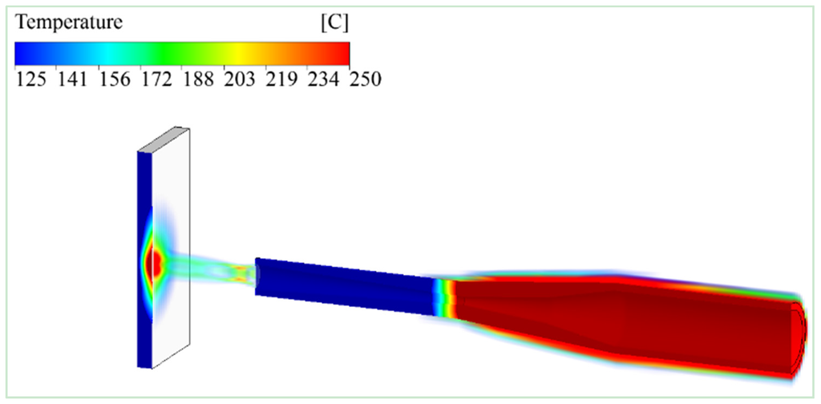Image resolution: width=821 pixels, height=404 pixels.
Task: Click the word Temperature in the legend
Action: (68, 23)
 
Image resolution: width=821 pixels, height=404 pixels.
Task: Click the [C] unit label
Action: (333, 23)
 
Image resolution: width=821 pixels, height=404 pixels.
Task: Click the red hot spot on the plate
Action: (156, 261)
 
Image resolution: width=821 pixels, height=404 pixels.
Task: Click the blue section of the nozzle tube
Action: (345, 285)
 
